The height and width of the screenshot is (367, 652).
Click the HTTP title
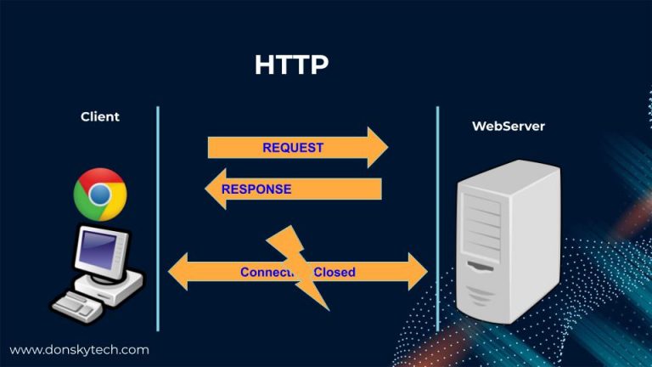[291, 65]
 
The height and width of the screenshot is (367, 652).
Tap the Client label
[100, 116]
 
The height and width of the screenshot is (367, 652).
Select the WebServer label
[509, 126]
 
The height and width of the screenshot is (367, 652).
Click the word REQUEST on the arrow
[293, 147]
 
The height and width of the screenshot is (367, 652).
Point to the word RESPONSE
[256, 189]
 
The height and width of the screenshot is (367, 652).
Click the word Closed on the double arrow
[334, 273]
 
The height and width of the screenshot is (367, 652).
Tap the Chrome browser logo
[100, 195]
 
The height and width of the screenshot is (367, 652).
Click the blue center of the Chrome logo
[100, 195]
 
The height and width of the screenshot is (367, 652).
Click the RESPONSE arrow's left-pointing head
[215, 189]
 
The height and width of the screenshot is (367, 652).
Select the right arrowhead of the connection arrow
[418, 272]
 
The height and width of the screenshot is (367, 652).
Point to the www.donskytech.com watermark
[79, 349]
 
